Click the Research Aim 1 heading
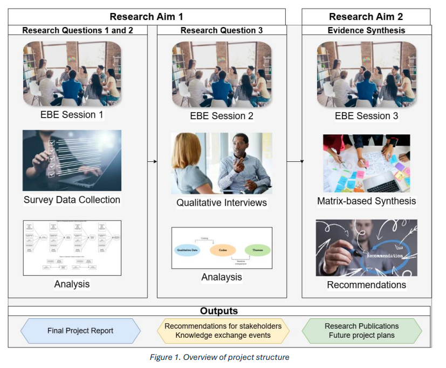147,17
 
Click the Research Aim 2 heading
366,17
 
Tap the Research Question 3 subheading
222,31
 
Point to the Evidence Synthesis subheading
366,31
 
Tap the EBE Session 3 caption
366,115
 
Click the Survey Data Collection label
72,200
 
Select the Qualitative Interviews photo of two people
221,163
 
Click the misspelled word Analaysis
222,277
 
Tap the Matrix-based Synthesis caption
366,201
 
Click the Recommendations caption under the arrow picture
366,284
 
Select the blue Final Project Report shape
80,330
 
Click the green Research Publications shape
361,330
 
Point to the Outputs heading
219,311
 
